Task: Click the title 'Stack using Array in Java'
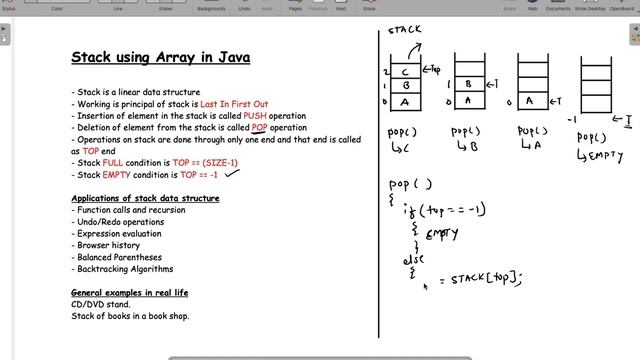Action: (x=160, y=58)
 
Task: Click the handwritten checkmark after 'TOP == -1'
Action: (x=235, y=172)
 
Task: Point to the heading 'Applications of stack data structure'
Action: (x=145, y=198)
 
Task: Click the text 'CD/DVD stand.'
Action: (x=100, y=304)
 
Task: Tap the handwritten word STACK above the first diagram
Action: (x=405, y=34)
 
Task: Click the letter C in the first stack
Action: (x=403, y=71)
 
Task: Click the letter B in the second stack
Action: (x=469, y=85)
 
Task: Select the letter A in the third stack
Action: (x=531, y=101)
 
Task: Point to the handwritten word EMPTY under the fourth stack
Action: (x=606, y=156)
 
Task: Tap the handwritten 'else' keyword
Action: (x=414, y=260)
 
